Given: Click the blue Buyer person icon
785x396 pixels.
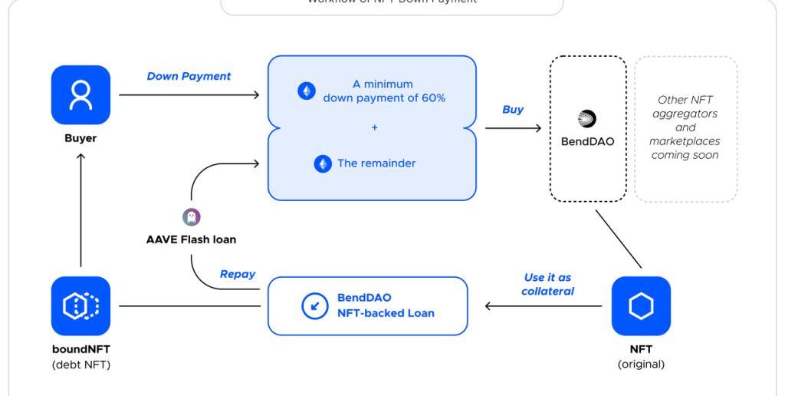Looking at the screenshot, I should click(x=80, y=94).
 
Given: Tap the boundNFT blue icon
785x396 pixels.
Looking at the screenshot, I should click(x=80, y=306).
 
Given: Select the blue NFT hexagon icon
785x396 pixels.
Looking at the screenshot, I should click(x=641, y=306).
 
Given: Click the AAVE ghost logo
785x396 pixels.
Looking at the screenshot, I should click(x=191, y=217).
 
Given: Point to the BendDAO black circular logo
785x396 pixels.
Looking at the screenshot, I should click(x=587, y=119).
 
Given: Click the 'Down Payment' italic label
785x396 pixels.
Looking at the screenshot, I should click(x=189, y=76).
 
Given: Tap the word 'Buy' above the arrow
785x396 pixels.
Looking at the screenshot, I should click(x=512, y=109).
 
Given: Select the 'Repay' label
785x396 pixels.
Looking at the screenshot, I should click(x=237, y=273).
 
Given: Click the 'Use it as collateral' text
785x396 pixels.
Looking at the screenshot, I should click(x=547, y=284).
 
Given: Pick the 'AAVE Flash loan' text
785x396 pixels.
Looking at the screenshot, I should click(x=191, y=239).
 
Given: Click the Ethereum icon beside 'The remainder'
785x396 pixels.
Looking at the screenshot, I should click(x=323, y=163).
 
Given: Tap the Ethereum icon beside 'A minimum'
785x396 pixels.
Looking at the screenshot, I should click(x=307, y=91).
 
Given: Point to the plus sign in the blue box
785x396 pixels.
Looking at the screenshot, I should click(x=374, y=127).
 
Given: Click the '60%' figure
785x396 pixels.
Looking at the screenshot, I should click(x=430, y=98).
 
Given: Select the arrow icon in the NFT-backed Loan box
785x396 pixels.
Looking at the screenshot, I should click(x=315, y=306).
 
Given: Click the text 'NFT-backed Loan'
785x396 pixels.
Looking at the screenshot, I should click(x=386, y=313).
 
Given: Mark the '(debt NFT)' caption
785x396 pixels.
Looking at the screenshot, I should click(x=80, y=365).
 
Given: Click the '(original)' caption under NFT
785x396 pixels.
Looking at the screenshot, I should click(x=641, y=364).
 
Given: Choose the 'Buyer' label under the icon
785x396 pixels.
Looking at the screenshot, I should click(x=80, y=139).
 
